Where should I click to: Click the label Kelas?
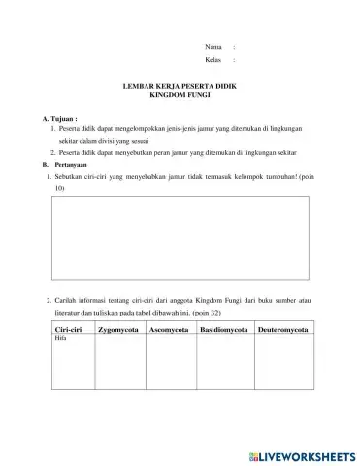click(x=213, y=60)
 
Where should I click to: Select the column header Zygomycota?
click(x=118, y=331)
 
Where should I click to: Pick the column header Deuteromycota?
click(x=282, y=331)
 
